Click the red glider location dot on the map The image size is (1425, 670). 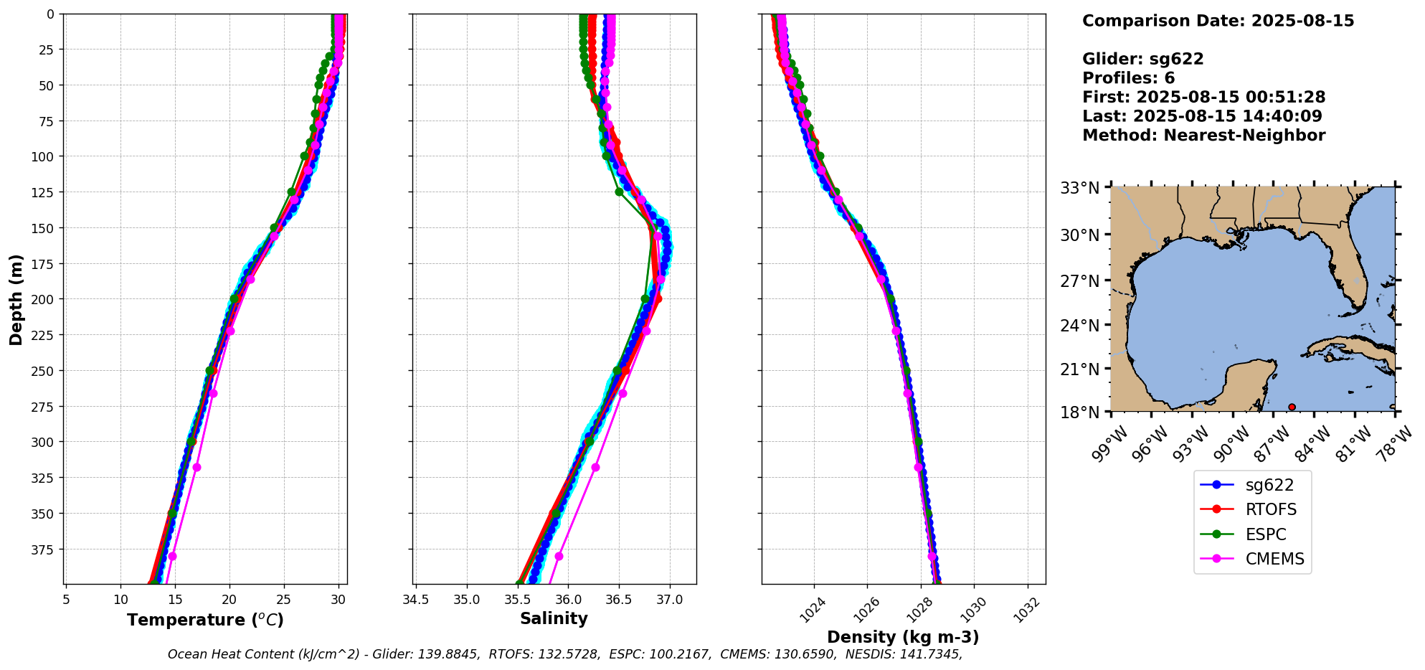pos(1292,407)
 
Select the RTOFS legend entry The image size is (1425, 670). pos(1270,510)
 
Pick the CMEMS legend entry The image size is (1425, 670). pos(1274,560)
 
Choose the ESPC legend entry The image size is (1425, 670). pos(1265,535)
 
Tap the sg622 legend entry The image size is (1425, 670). pos(1269,486)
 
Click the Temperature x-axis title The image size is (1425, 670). pos(205,620)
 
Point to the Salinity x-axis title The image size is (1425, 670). pos(554,619)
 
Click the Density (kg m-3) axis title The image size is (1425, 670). pos(902,637)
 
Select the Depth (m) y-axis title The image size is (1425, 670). pos(16,299)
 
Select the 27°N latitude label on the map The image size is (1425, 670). pos(1080,281)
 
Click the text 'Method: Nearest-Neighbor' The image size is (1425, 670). pos(1203,136)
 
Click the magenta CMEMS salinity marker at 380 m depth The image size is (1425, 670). pos(559,556)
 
